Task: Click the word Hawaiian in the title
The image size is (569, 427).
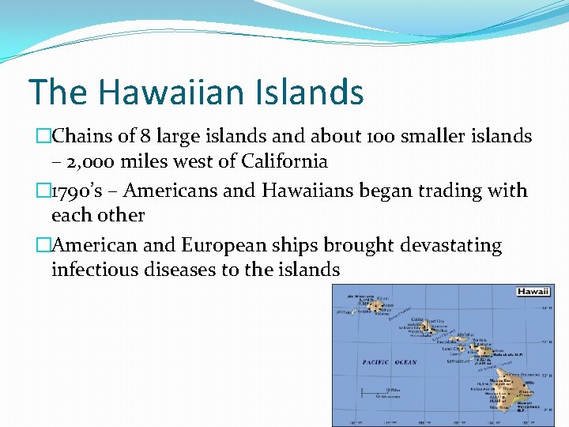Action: coord(171,92)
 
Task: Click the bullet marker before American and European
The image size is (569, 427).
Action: coord(44,246)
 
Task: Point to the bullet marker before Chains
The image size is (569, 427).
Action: coord(44,136)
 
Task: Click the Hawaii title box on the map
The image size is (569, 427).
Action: coord(533,292)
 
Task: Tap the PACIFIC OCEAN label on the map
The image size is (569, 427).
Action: coord(390,363)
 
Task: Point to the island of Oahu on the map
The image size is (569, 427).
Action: coord(428,326)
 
